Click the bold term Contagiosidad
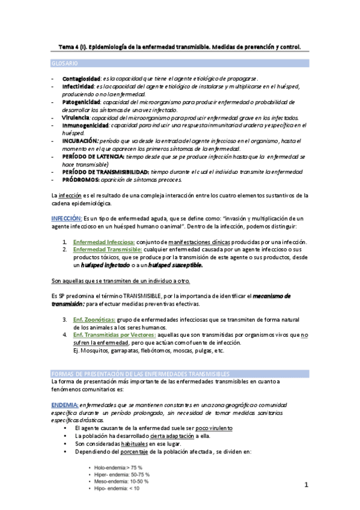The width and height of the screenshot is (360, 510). pyautogui.click(x=81, y=79)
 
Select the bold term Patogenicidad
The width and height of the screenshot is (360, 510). pyautogui.click(x=81, y=102)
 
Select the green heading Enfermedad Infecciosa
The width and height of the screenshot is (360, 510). pyautogui.click(x=103, y=241)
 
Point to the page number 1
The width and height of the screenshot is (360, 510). pyautogui.click(x=306, y=484)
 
